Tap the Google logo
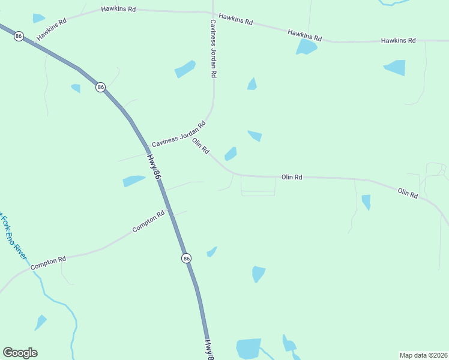pos(20,353)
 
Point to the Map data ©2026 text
pos(423,355)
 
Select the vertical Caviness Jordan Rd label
pos(212,48)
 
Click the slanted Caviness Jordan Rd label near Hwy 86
pos(178,134)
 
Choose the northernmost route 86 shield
pos(19,36)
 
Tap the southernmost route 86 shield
pos(186,258)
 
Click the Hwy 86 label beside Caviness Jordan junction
pos(154,167)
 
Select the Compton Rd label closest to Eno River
pos(47,262)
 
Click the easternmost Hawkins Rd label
pos(398,41)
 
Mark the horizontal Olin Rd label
pos(292,178)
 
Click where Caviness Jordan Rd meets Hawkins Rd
pos(212,13)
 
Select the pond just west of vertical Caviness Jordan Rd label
pos(185,70)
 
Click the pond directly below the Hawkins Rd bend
pos(306,47)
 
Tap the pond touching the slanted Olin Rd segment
pos(231,154)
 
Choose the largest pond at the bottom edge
pos(248,349)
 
